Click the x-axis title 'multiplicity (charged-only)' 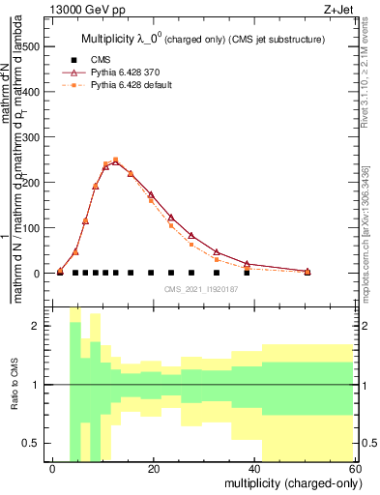point(287,481)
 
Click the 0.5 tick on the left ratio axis point(33,444)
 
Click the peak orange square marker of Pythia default point(115,160)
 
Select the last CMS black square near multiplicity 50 point(307,273)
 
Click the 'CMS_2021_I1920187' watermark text point(201,288)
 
